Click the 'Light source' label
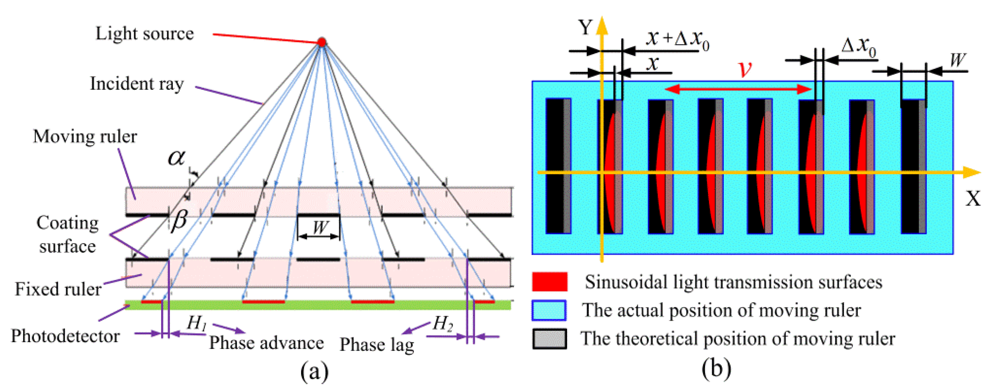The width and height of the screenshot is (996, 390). [145, 34]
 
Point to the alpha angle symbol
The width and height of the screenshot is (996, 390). [176, 158]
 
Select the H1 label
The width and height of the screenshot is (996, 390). [196, 322]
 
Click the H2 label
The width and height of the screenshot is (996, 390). [442, 323]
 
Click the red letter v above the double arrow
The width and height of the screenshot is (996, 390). [745, 69]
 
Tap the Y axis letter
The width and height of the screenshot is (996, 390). [585, 28]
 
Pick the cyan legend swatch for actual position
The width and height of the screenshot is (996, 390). [549, 310]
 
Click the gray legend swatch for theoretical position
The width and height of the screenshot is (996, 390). [550, 339]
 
